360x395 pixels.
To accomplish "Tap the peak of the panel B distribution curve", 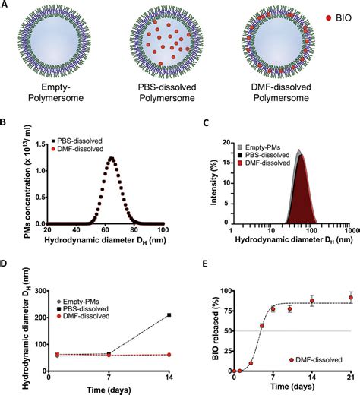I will click(112, 158).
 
